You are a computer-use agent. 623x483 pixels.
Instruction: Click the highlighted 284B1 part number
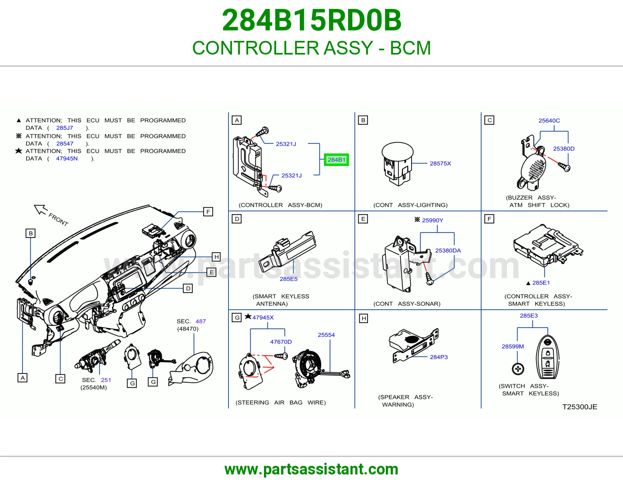point(336,160)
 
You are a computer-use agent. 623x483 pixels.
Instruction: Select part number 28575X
point(440,164)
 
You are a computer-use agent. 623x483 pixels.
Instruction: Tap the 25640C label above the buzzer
point(549,121)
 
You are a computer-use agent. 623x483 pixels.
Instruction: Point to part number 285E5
point(289,279)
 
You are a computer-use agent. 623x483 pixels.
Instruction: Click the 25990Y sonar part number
point(432,220)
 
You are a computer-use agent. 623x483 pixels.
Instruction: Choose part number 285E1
point(541,283)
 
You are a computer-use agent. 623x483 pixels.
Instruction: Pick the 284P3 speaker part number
point(439,357)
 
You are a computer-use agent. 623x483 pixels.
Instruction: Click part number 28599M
point(513,347)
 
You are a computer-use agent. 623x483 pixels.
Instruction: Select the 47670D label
point(281,342)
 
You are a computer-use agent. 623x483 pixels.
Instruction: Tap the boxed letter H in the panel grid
point(364,318)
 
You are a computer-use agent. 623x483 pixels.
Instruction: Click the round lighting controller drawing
point(398,164)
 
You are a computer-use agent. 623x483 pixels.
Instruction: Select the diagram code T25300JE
point(580,407)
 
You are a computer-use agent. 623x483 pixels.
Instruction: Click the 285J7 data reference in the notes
point(65,128)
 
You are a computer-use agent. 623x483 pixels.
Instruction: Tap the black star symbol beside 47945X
point(248,317)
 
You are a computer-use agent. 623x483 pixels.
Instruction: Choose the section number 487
point(201,321)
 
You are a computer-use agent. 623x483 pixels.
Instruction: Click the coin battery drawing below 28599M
point(518,369)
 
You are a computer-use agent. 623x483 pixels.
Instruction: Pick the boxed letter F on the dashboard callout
point(208,212)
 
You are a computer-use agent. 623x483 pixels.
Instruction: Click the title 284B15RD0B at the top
point(311,20)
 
